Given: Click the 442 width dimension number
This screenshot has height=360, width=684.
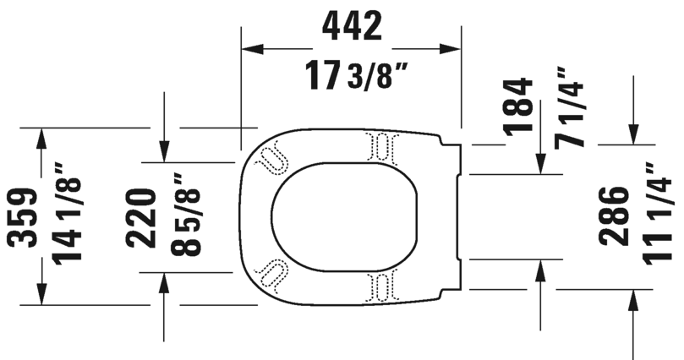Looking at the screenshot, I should pyautogui.click(x=351, y=27).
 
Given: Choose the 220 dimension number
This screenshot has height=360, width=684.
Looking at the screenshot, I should pyautogui.click(x=143, y=217).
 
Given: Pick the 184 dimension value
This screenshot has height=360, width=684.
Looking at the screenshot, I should pyautogui.click(x=517, y=106).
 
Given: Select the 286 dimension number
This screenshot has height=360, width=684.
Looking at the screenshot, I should pyautogui.click(x=615, y=215).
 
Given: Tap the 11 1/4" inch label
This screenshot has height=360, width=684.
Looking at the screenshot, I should pyautogui.click(x=655, y=215).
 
